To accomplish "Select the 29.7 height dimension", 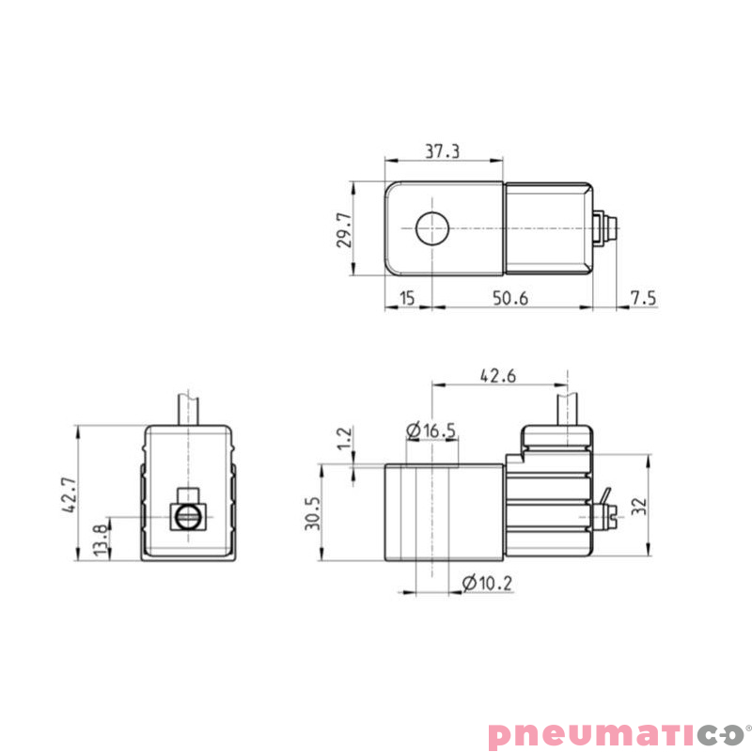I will [344, 229].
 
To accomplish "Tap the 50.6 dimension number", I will [510, 298].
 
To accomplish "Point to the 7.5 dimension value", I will [643, 298].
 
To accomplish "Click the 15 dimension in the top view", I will [407, 298].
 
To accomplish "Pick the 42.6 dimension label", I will [499, 375].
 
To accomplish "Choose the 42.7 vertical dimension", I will [68, 493].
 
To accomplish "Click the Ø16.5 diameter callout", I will [431, 431].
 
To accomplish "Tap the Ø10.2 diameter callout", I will [488, 584].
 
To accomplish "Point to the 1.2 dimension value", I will [344, 437].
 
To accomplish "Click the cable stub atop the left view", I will [188, 406].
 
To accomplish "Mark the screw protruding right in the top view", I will [605, 228].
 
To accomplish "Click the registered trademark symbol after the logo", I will [747, 725].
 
